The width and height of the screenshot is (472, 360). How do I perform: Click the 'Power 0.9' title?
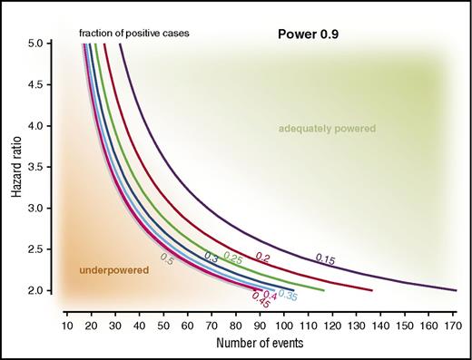[x=307, y=34]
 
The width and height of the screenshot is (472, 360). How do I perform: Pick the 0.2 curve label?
[x=263, y=257]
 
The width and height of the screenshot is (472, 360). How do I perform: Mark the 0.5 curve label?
[x=166, y=258]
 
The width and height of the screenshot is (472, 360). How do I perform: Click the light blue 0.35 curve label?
[x=287, y=295]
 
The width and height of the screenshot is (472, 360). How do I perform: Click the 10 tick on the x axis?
[x=66, y=324]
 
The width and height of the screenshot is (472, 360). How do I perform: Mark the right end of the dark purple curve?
[x=456, y=290]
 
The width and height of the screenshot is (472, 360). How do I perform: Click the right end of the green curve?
[x=324, y=290]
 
